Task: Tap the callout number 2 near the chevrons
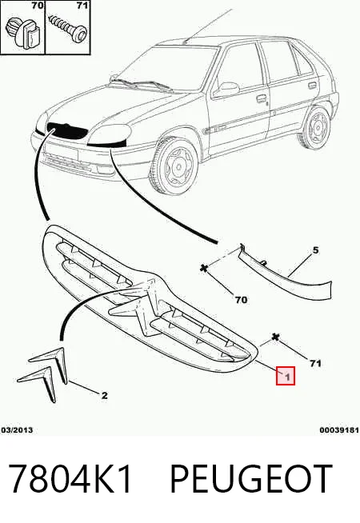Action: [x=105, y=396]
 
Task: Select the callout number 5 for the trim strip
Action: [x=315, y=250]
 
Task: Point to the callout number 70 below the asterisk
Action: [x=241, y=300]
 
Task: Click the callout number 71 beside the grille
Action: [x=315, y=363]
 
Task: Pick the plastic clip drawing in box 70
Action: [x=24, y=33]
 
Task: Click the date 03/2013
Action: [x=17, y=430]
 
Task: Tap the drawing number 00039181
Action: [x=339, y=430]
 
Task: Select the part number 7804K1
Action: [x=70, y=479]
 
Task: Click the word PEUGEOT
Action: [x=251, y=479]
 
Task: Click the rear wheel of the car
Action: [x=316, y=127]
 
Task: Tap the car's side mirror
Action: [x=227, y=89]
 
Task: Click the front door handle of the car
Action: [x=261, y=98]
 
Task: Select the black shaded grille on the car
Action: [x=66, y=130]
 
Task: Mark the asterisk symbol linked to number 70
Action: [x=204, y=268]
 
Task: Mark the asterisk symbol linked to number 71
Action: [x=275, y=337]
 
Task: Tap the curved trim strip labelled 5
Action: [x=283, y=277]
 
